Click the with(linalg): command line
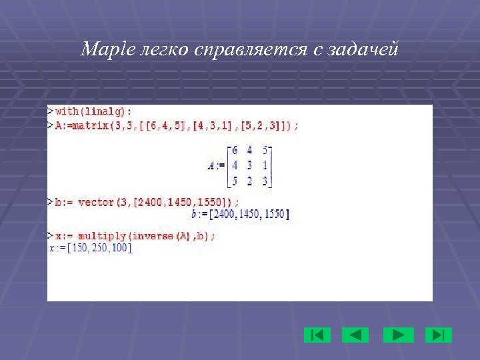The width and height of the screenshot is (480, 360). pyautogui.click(x=93, y=111)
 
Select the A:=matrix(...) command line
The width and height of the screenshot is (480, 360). pyautogui.click(x=177, y=125)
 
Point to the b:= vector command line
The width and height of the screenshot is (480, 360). pyautogui.click(x=147, y=202)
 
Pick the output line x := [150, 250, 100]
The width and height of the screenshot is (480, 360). pyautogui.click(x=91, y=248)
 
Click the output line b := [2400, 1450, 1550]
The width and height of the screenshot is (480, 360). pyautogui.click(x=240, y=214)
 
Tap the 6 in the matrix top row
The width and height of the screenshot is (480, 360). pyautogui.click(x=235, y=151)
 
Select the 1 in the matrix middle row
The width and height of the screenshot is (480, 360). pyautogui.click(x=265, y=166)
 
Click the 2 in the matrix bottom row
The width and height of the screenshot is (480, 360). pyautogui.click(x=249, y=181)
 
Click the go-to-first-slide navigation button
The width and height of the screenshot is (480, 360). pyautogui.click(x=317, y=335)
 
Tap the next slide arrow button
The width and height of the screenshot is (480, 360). pyautogui.click(x=398, y=335)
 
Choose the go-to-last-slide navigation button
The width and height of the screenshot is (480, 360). pyautogui.click(x=438, y=335)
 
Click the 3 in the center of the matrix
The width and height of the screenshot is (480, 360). pyautogui.click(x=249, y=166)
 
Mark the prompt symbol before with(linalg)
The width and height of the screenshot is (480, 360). pyautogui.click(x=51, y=111)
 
